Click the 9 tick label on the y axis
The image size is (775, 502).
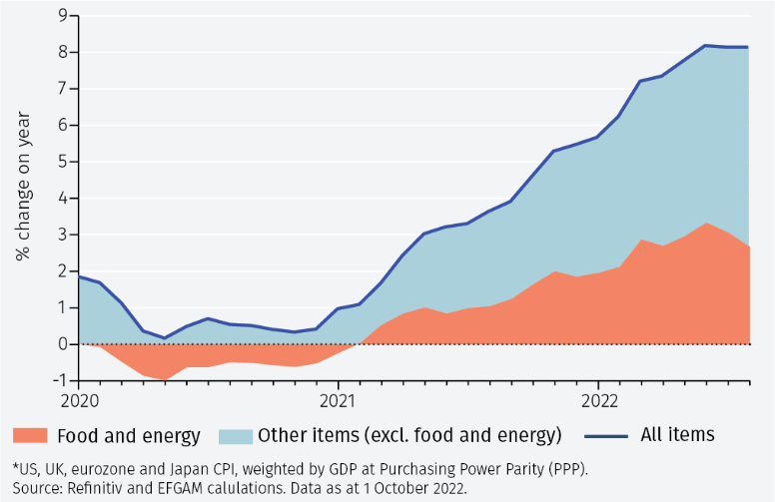[63, 16]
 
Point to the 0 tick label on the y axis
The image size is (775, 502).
[63, 344]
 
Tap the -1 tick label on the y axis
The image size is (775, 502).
[60, 380]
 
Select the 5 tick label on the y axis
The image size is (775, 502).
[63, 162]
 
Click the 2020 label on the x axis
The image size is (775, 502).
[80, 401]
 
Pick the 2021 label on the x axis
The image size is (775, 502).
[339, 401]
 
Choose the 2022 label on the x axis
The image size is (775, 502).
[599, 401]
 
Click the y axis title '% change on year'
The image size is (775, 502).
[23, 186]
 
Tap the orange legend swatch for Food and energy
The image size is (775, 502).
[30, 435]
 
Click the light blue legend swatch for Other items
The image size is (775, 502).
[236, 436]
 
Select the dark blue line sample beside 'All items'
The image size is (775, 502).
[606, 436]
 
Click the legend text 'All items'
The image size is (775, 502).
[678, 435]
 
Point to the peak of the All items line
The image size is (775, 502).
[706, 46]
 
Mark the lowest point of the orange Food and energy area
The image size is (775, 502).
[165, 380]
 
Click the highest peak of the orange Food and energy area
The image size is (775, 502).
[707, 223]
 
